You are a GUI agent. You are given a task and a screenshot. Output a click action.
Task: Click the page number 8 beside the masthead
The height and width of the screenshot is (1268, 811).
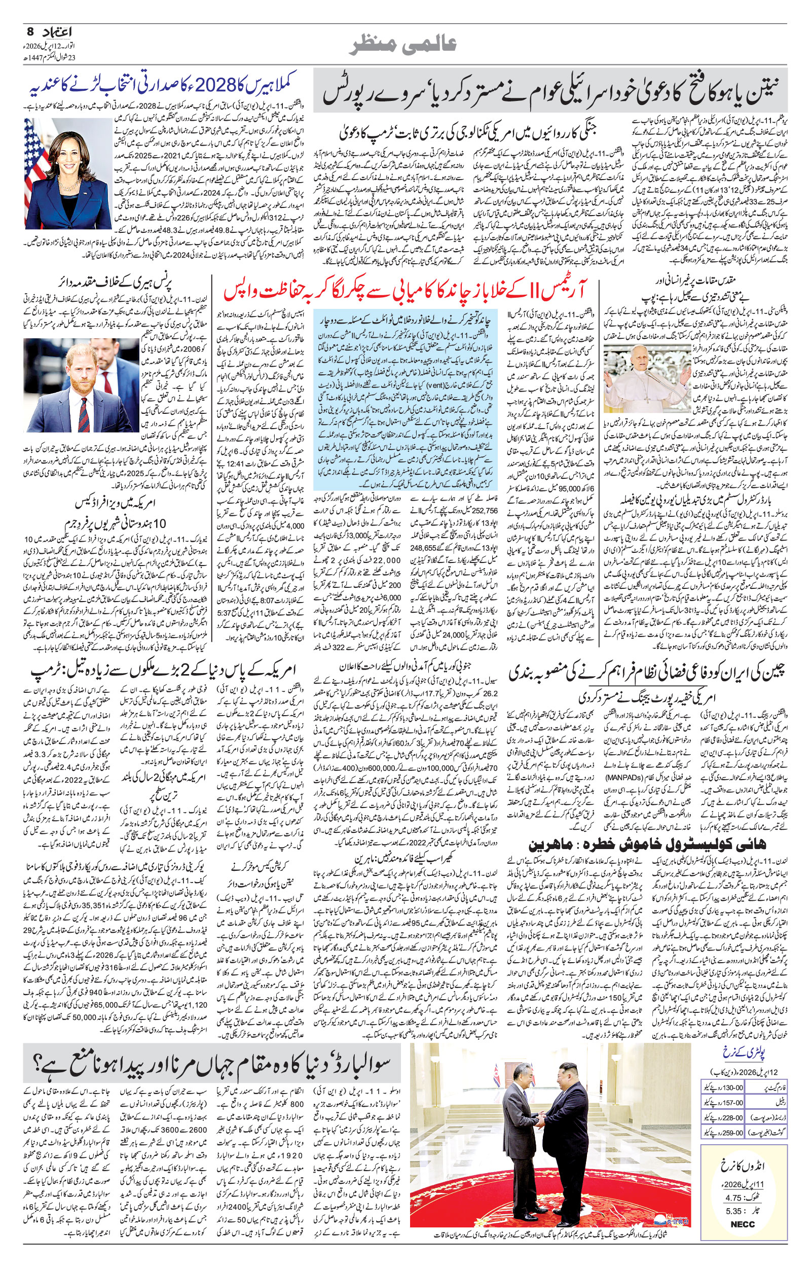[x=29, y=31]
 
